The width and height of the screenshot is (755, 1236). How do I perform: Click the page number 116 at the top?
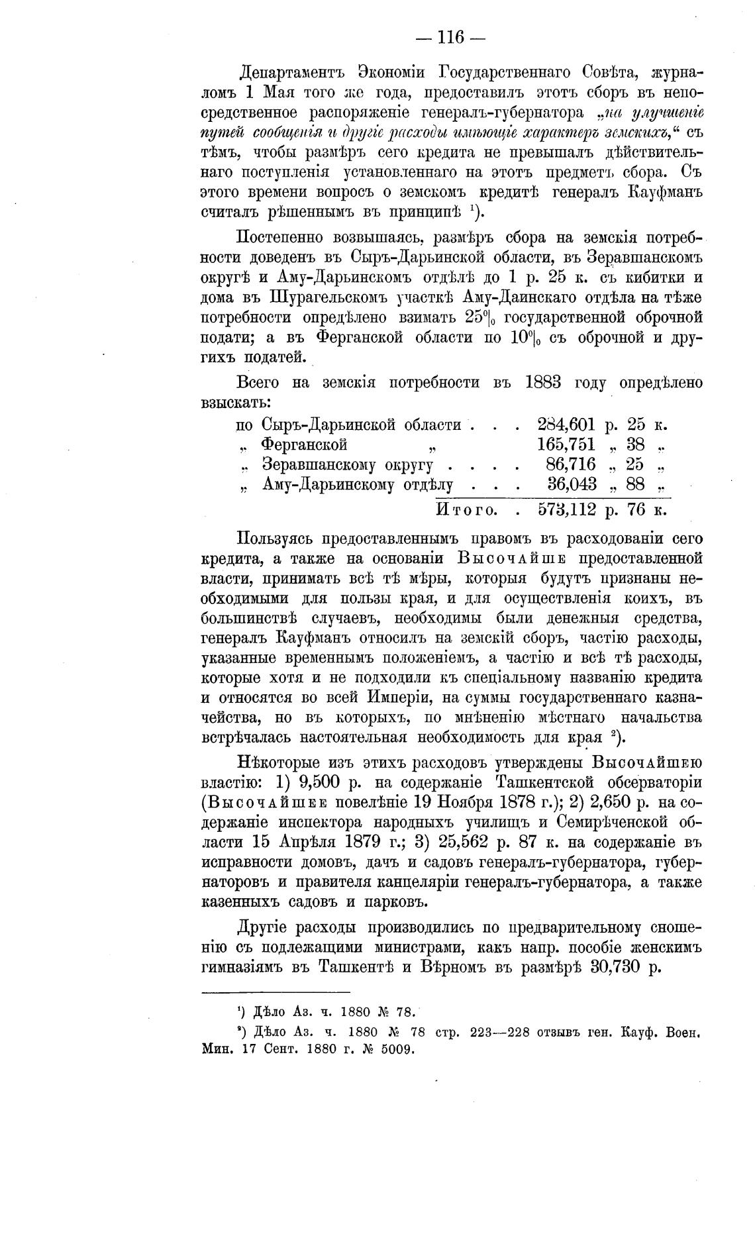tap(450, 37)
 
